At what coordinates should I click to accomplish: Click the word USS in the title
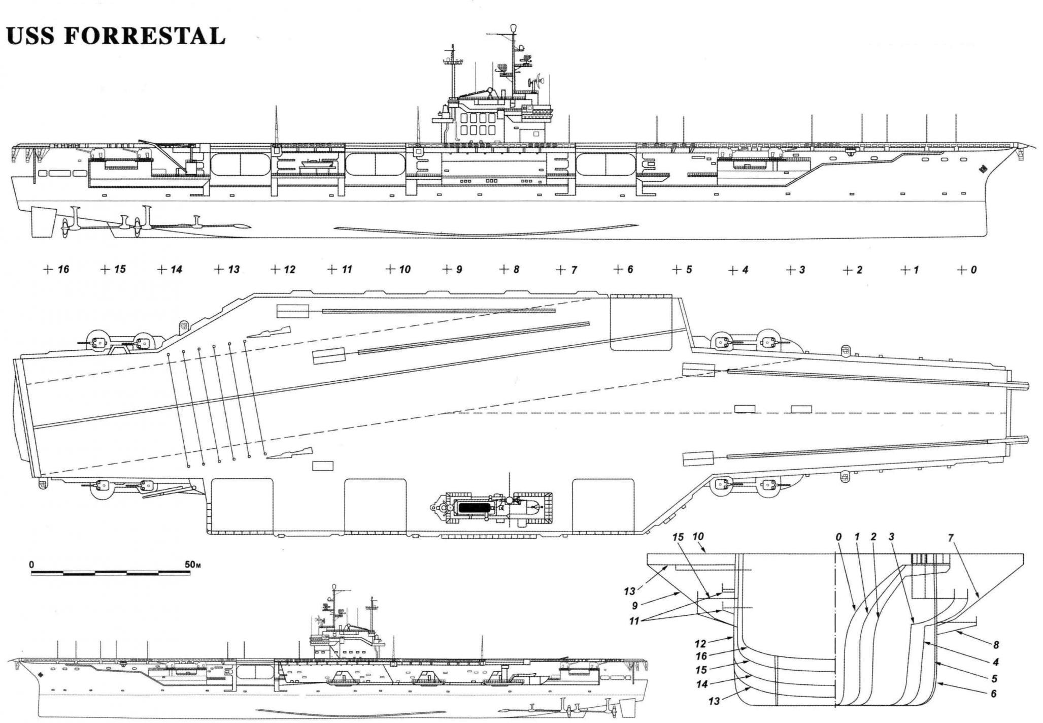(30, 36)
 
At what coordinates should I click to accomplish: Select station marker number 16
(63, 270)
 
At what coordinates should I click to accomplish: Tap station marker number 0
(973, 270)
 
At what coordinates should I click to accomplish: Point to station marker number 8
(516, 270)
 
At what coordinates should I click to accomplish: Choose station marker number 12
(289, 270)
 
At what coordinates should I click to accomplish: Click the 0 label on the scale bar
(32, 564)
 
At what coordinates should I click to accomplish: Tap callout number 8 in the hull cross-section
(996, 645)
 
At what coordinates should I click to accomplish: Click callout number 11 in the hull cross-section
(634, 620)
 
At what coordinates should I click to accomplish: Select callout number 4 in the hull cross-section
(995, 662)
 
